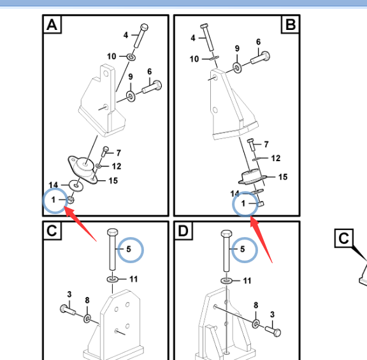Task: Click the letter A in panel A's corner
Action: pyautogui.click(x=52, y=25)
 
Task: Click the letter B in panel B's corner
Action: pyautogui.click(x=291, y=24)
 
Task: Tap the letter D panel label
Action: pyautogui.click(x=183, y=231)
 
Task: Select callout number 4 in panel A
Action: pyautogui.click(x=126, y=35)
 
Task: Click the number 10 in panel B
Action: pyautogui.click(x=194, y=59)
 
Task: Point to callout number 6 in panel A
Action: pyautogui.click(x=150, y=71)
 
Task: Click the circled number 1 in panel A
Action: pyautogui.click(x=54, y=199)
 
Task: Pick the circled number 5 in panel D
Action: pyautogui.click(x=243, y=249)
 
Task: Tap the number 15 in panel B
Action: pyautogui.click(x=283, y=177)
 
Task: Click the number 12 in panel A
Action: pyautogui.click(x=117, y=166)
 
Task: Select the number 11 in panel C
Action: pyautogui.click(x=133, y=279)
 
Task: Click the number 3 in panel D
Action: pyautogui.click(x=272, y=314)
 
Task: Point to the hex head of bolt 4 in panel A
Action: pyautogui.click(x=144, y=27)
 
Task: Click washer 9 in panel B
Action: pyautogui.click(x=237, y=68)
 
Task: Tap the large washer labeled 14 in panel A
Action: pyautogui.click(x=76, y=185)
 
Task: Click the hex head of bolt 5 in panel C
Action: pyautogui.click(x=113, y=232)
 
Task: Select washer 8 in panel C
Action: pyautogui.click(x=87, y=319)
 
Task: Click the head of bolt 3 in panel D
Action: pyautogui.click(x=277, y=333)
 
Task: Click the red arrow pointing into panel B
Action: pyautogui.click(x=261, y=240)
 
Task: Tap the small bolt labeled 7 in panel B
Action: pyautogui.click(x=251, y=145)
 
